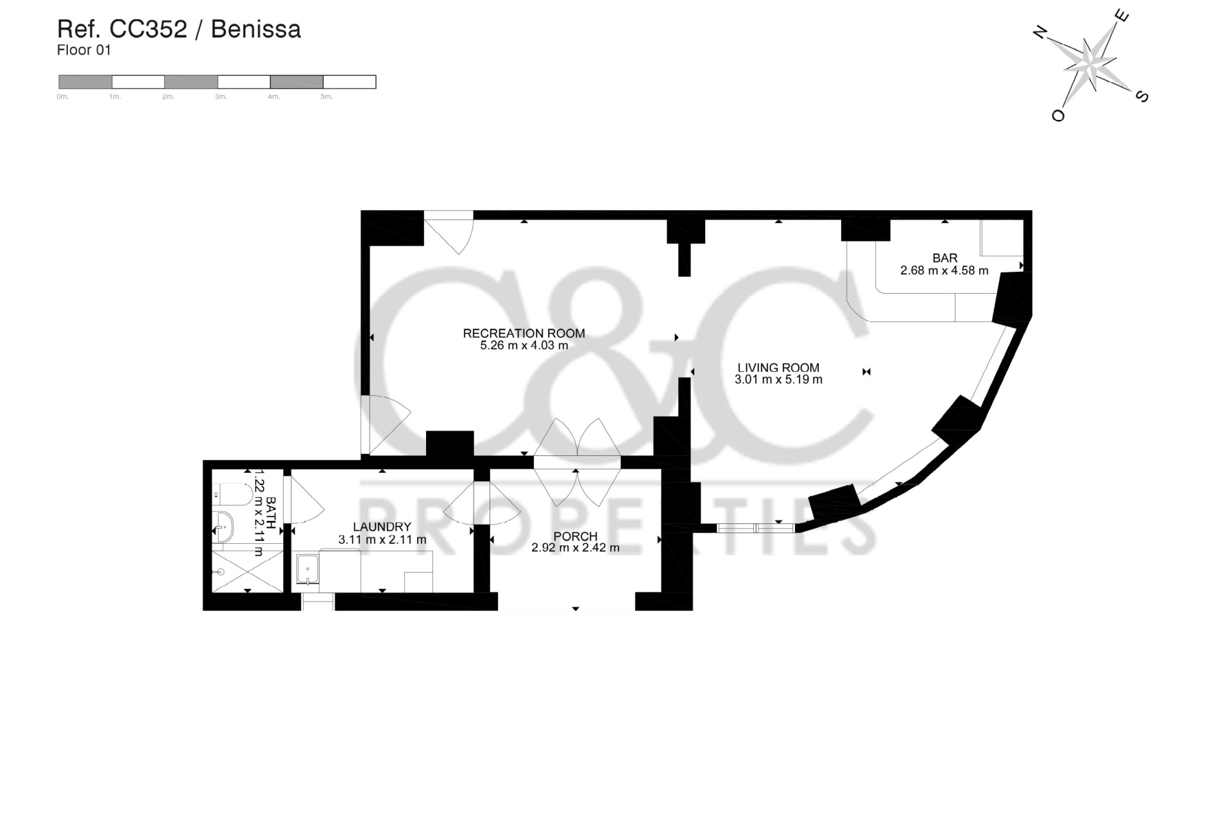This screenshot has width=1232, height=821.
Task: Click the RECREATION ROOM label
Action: [x=524, y=333]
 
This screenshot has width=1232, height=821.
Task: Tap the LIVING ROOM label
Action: [x=778, y=368]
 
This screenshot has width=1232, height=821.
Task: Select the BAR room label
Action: [x=945, y=258]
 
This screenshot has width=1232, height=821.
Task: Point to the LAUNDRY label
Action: [x=381, y=527]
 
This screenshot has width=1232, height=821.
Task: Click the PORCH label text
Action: [x=575, y=536]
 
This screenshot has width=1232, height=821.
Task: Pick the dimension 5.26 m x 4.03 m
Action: [x=524, y=346]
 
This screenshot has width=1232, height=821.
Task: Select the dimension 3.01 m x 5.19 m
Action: [x=778, y=380]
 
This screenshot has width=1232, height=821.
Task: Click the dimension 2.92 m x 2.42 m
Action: [x=575, y=548]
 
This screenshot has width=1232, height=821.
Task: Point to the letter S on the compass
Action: [x=1142, y=97]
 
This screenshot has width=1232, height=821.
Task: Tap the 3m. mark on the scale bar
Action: [x=220, y=97]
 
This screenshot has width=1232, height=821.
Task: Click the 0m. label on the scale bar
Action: [x=62, y=97]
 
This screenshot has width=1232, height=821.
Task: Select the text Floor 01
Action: [x=83, y=50]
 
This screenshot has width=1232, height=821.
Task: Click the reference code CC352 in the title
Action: [x=148, y=30]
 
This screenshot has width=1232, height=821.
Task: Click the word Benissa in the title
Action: [x=255, y=30]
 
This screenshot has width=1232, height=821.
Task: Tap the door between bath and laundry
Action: [x=302, y=500]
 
